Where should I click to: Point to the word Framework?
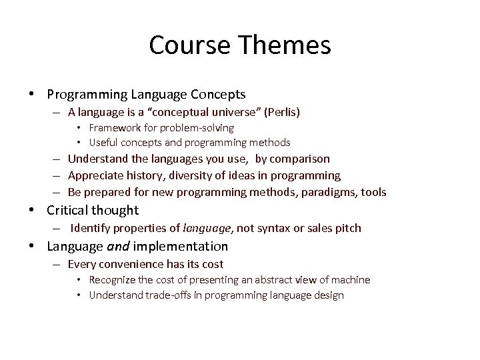[114, 127]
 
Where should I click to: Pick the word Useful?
[103, 142]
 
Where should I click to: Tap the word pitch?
[348, 228]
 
